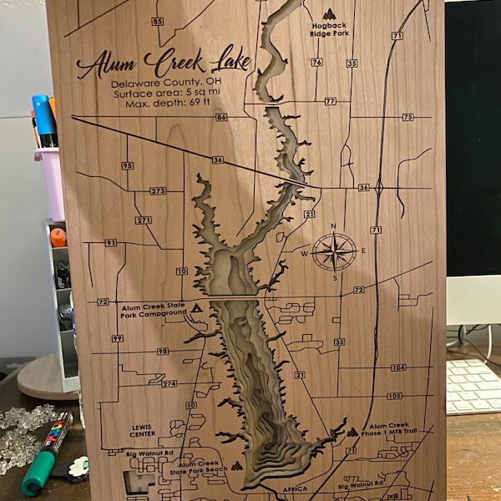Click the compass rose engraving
point(334,251)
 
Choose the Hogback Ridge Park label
point(329,30)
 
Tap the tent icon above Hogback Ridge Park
point(330,13)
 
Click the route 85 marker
point(159,21)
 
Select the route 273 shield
point(158,190)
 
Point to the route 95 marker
point(127,165)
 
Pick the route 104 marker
point(397,367)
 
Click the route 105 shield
point(394,396)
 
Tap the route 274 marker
point(170,383)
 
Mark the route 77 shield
point(331,101)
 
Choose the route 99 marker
point(117,338)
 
